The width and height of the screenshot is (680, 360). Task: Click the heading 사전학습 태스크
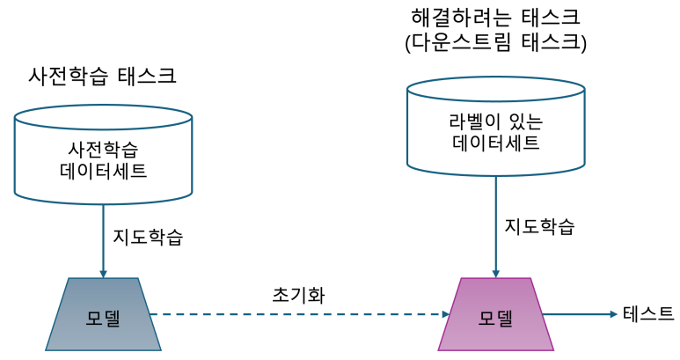pyautogui.click(x=102, y=76)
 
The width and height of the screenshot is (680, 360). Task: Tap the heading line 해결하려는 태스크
pyautogui.click(x=495, y=17)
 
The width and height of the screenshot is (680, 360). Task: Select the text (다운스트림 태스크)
pyautogui.click(x=495, y=42)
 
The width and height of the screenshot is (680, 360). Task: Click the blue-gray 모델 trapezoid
pyautogui.click(x=103, y=314)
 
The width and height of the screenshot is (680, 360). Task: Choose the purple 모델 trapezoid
pyautogui.click(x=495, y=314)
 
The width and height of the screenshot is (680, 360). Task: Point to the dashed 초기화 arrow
pyautogui.click(x=299, y=314)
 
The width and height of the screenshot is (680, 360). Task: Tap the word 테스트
pyautogui.click(x=648, y=313)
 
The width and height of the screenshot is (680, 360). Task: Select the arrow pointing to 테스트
pyautogui.click(x=581, y=314)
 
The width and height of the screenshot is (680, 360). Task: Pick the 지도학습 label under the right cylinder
pyautogui.click(x=539, y=226)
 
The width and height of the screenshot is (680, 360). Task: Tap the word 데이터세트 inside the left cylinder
pyautogui.click(x=103, y=170)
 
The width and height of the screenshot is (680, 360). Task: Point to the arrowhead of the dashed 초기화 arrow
pyautogui.click(x=444, y=314)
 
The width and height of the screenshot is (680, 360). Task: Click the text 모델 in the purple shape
pyautogui.click(x=495, y=317)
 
